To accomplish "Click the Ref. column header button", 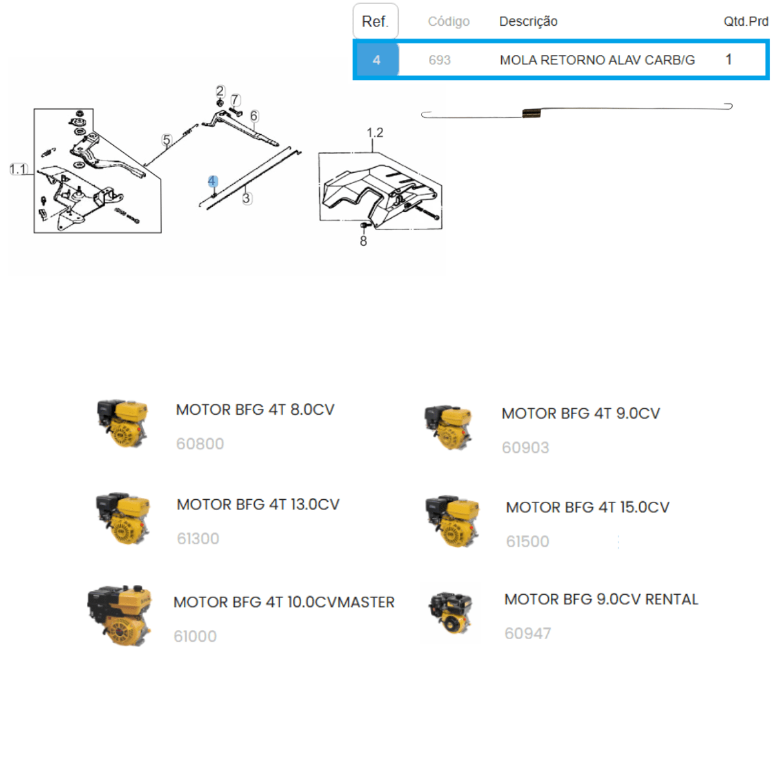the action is click(x=375, y=21).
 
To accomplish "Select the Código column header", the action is click(x=448, y=21).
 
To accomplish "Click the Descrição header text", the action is click(x=528, y=21).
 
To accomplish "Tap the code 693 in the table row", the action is click(x=439, y=60).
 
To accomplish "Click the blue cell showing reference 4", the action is click(x=376, y=60).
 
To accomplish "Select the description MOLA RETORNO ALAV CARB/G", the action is click(x=597, y=60).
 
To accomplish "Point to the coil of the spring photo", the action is click(x=531, y=114).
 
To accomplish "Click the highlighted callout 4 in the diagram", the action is click(x=212, y=181).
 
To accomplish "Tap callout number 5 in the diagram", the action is click(x=166, y=140).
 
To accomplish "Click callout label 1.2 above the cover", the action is click(x=375, y=133).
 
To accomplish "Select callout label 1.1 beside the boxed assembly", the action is click(x=19, y=169).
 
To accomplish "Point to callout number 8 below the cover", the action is click(x=363, y=241).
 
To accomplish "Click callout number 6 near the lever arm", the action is click(x=254, y=116).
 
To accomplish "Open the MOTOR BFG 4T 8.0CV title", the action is click(x=255, y=410).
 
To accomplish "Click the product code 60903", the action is click(x=525, y=448).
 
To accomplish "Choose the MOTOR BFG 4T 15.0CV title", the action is click(x=587, y=508).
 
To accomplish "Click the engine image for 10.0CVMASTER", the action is click(x=120, y=616).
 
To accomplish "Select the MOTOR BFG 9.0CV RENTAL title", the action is click(x=601, y=599).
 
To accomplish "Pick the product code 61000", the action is click(x=195, y=636).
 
